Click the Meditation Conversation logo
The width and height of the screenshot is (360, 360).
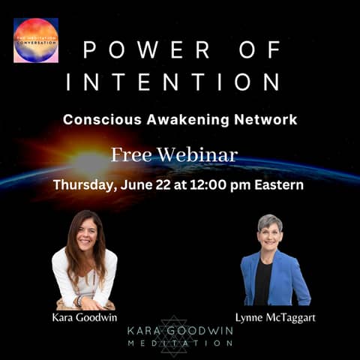click(x=36, y=40)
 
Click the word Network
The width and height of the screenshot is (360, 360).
click(x=267, y=119)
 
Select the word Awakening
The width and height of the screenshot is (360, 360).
click(x=184, y=119)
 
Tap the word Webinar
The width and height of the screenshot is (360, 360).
click(x=200, y=154)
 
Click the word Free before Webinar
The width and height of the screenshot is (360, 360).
click(x=133, y=154)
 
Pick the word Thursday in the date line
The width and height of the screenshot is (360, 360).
click(x=83, y=184)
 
